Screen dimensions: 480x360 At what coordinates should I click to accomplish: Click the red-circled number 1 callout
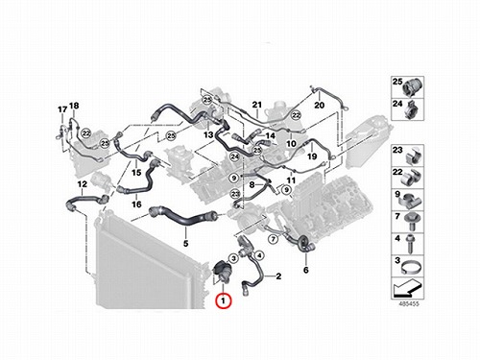coord(224,300)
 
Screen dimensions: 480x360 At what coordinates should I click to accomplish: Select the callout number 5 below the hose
coord(186,244)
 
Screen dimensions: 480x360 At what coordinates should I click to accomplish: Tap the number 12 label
coord(83,184)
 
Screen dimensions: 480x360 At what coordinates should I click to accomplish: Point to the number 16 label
coord(136,204)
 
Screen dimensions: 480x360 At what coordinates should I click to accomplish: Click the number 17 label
coord(62,109)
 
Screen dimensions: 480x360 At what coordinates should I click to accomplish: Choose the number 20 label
coord(319,105)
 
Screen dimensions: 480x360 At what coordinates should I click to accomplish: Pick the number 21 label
coord(257,105)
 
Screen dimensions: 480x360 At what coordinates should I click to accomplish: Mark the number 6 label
coord(306,270)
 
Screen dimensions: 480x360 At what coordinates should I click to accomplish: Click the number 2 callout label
coord(278,276)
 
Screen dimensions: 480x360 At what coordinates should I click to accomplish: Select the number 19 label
coord(312,156)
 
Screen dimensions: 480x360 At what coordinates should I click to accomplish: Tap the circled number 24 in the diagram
coord(235,156)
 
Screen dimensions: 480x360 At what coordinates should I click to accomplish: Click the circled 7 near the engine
coord(273,239)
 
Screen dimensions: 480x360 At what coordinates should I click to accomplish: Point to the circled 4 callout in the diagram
coord(259,255)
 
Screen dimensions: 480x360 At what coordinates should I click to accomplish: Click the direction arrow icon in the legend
coord(406,287)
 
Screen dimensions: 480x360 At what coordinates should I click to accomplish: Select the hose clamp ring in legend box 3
coord(412,267)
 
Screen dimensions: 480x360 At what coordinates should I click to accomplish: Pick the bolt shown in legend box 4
coord(410,244)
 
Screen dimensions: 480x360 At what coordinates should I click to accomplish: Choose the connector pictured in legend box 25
coord(413,86)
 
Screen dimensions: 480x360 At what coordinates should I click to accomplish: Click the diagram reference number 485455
coord(409,304)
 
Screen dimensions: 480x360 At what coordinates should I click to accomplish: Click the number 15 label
coord(136,173)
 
